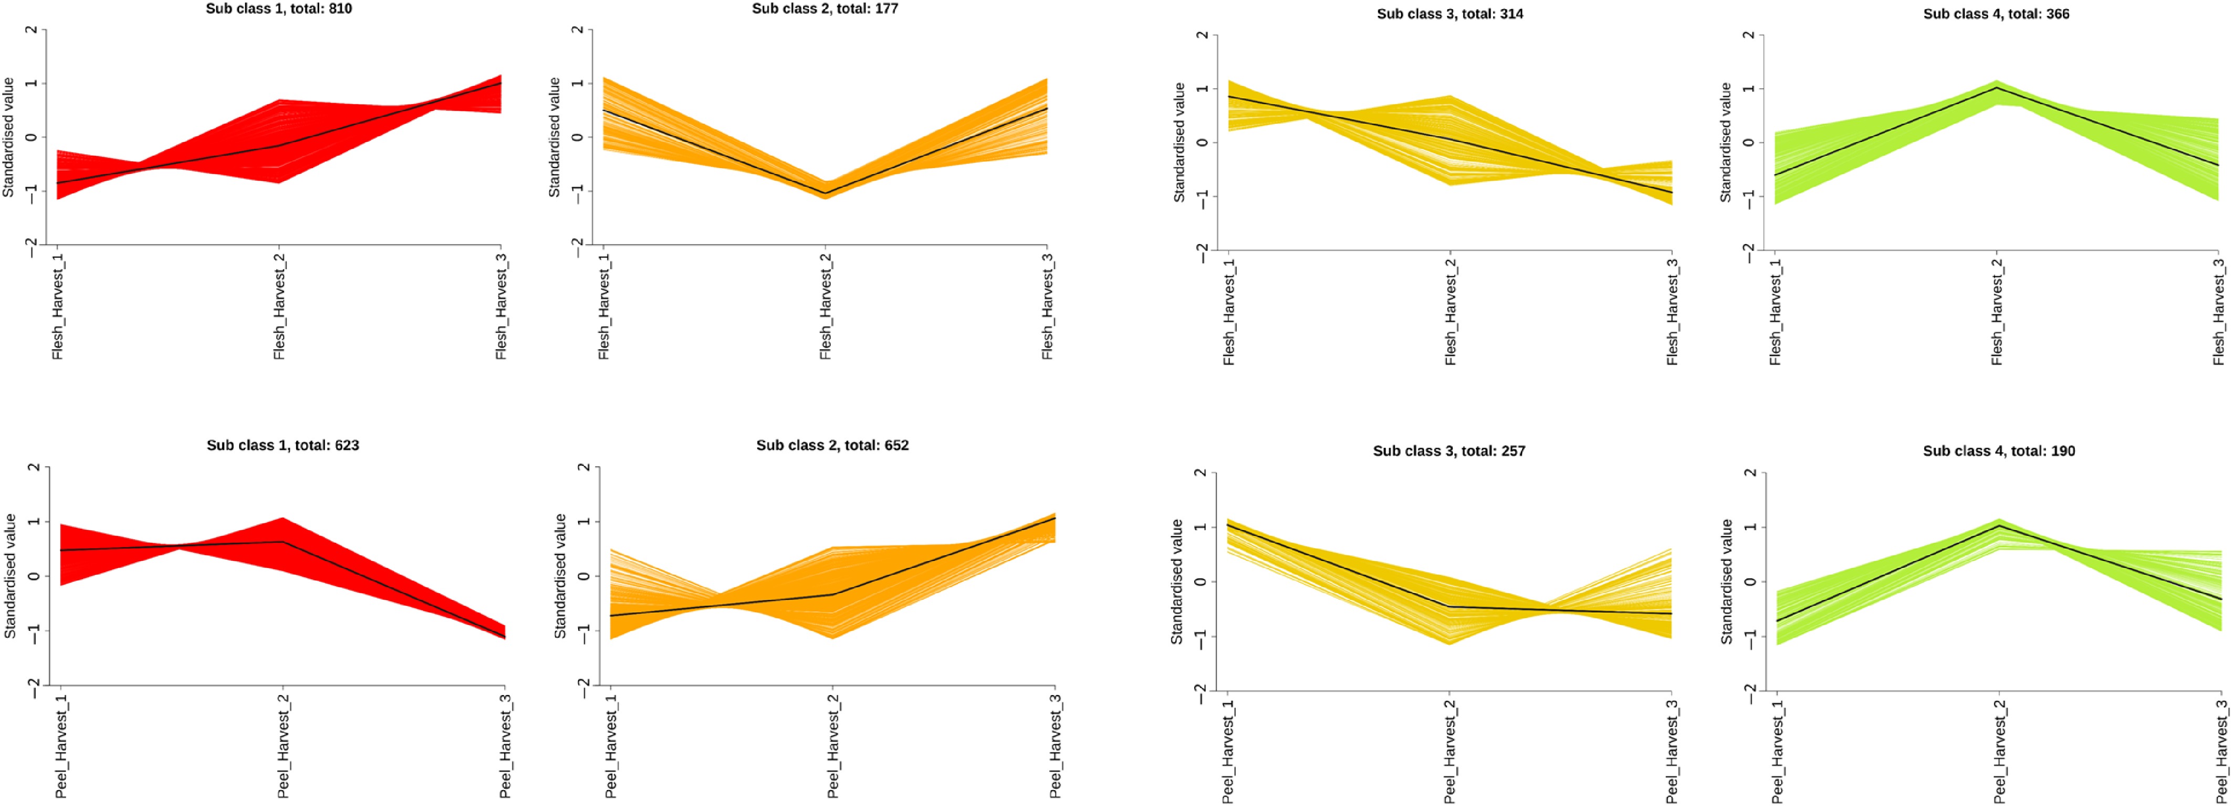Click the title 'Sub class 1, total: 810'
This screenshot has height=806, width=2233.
click(x=279, y=9)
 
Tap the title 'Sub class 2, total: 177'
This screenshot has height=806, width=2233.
click(x=825, y=9)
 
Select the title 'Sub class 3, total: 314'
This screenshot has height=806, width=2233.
click(x=1450, y=14)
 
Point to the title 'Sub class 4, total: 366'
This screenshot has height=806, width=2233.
click(x=1996, y=14)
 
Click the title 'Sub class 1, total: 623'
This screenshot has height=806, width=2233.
click(x=283, y=445)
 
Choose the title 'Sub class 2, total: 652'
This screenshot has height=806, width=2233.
click(x=832, y=445)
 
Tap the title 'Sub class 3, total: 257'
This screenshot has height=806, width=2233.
click(x=1449, y=451)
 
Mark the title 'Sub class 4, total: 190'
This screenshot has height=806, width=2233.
click(x=1999, y=451)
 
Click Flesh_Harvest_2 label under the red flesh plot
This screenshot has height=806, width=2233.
click(x=279, y=307)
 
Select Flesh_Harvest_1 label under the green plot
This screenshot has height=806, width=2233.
click(x=1775, y=312)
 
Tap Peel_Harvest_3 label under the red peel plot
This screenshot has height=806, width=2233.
click(x=505, y=746)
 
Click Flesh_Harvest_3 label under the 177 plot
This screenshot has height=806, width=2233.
click(x=1047, y=307)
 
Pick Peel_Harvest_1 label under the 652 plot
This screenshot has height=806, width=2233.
click(x=611, y=746)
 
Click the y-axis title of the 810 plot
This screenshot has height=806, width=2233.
click(x=9, y=137)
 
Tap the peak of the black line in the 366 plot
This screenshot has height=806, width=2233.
click(x=1997, y=88)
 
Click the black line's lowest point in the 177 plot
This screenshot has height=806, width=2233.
click(x=825, y=192)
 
